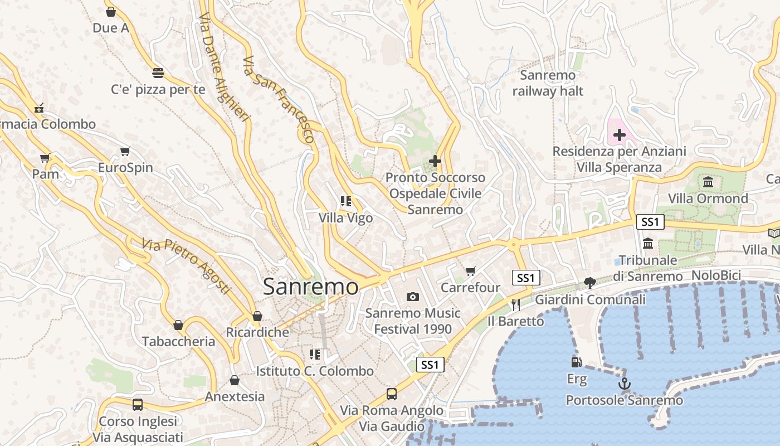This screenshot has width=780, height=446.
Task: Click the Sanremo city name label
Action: coord(310,287)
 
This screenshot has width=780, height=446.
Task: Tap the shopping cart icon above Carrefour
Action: coord(471,271)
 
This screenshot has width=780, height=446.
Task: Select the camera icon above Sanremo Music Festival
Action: coord(412,297)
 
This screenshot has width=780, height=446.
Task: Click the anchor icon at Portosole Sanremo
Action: coord(624,384)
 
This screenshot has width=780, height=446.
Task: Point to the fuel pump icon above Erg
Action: coord(577,362)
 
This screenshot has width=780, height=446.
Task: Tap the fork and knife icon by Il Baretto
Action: coord(515,304)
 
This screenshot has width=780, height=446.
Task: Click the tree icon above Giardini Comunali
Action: coord(589,283)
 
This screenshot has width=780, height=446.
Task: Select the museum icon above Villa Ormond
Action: coord(708,182)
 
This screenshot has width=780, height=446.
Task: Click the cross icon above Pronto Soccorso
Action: coord(435,161)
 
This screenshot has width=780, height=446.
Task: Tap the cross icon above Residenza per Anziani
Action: coord(619,135)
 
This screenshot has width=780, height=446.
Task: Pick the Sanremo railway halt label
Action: coord(548,83)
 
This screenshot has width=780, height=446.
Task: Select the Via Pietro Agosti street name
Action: coord(186,266)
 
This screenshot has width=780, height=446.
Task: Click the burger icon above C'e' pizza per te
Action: coord(158,72)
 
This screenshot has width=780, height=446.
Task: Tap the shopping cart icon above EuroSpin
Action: coord(125,152)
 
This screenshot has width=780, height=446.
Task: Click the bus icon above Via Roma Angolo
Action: coord(392,394)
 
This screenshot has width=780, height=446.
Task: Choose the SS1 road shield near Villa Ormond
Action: coord(650,222)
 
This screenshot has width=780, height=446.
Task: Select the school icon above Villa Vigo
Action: coord(346,201)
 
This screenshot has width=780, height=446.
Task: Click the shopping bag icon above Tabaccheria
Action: coord(178,325)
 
